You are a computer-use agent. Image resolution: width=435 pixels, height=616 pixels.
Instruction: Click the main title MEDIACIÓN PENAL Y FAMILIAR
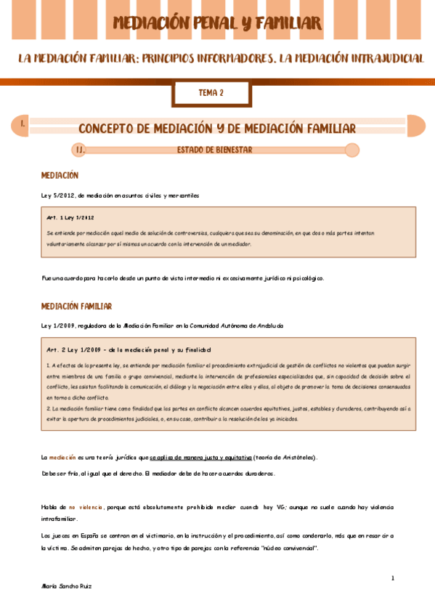click(217, 23)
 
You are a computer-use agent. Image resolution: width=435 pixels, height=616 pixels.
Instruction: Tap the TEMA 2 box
click(211, 93)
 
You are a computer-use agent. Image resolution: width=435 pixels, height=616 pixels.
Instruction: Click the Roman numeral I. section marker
click(23, 124)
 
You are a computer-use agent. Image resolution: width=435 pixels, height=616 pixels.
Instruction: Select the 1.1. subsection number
click(81, 150)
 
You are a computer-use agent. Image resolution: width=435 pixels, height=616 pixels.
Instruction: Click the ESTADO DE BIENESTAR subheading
click(214, 150)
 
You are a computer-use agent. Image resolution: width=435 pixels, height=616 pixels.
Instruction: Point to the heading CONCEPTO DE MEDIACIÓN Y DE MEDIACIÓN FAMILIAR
click(216, 129)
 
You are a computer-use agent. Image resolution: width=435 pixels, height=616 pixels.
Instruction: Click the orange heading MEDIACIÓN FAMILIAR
click(76, 307)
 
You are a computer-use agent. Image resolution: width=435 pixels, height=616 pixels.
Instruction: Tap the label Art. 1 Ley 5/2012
click(70, 217)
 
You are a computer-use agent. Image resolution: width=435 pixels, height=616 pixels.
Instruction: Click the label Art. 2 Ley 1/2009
click(75, 349)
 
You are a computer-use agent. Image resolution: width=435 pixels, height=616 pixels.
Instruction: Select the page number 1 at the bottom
click(392, 578)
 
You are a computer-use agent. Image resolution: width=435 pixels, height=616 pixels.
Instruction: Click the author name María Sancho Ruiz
click(67, 585)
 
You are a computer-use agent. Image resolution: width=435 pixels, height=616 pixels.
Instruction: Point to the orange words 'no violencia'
click(86, 507)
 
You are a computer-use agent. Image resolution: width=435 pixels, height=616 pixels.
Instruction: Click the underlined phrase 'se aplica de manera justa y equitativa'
click(201, 457)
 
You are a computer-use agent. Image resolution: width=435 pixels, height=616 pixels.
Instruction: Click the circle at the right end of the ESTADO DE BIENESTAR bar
click(352, 150)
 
